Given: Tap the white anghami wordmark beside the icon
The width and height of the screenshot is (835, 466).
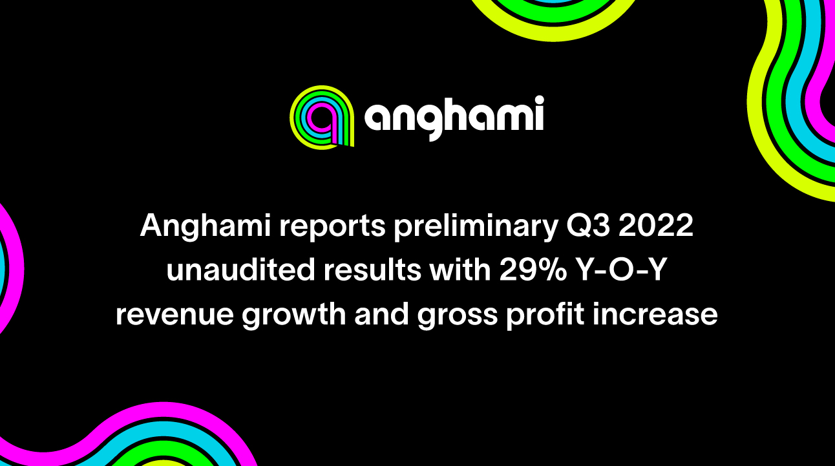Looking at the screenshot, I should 454,118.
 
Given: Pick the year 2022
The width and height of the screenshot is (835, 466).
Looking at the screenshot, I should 661,227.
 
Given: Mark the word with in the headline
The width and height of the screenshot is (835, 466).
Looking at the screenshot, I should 459,271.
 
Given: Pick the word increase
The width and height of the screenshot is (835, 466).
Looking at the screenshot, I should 656,315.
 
